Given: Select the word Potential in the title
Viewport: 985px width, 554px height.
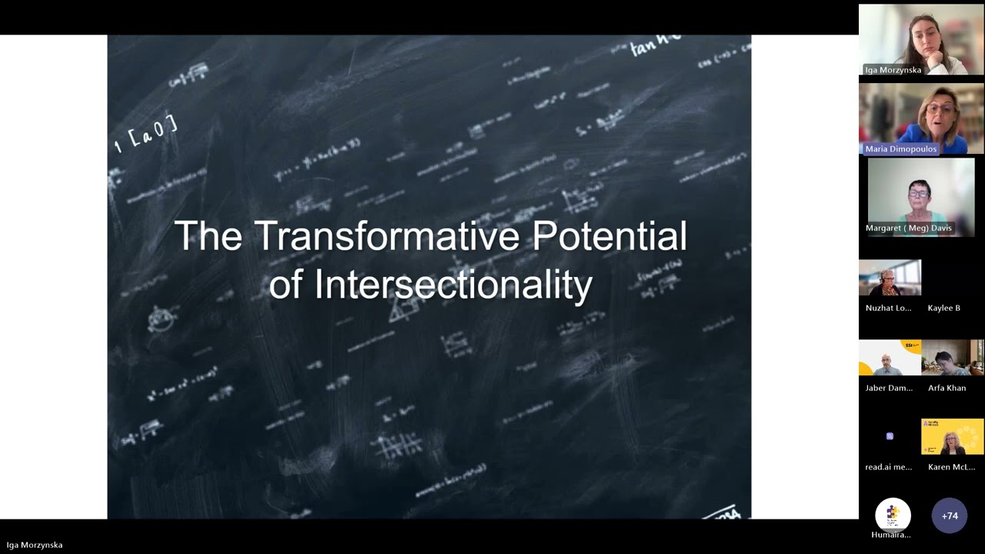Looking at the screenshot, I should coord(609,236).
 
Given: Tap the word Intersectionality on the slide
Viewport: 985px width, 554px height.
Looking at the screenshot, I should coord(452,285).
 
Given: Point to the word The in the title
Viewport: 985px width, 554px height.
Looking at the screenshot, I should coord(208,236).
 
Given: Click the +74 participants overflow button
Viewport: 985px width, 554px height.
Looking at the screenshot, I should coord(950,516).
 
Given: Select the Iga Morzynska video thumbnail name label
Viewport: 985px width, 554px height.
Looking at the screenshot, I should coord(893,70).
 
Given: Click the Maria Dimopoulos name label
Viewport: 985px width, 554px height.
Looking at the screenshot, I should coord(901,149).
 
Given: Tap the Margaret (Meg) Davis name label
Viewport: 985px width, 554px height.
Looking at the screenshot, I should coord(908,229).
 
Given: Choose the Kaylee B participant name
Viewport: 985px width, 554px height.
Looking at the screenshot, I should coord(943,308).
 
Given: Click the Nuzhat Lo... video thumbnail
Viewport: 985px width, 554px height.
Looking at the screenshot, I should coord(890,279).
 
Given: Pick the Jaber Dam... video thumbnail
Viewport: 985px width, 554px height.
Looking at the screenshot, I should coord(890,358).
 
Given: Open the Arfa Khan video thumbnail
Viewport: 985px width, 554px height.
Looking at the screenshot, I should coord(952,358).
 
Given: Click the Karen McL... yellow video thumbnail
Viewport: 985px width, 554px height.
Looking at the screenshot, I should coord(952,437).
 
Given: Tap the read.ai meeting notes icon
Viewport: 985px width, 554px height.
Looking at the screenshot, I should coord(890,436).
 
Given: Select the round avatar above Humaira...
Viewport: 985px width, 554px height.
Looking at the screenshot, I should coord(893,514).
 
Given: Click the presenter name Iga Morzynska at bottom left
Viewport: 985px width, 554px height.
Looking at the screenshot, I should coord(35,545).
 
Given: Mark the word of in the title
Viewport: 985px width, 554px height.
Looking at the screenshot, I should coord(286,285).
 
